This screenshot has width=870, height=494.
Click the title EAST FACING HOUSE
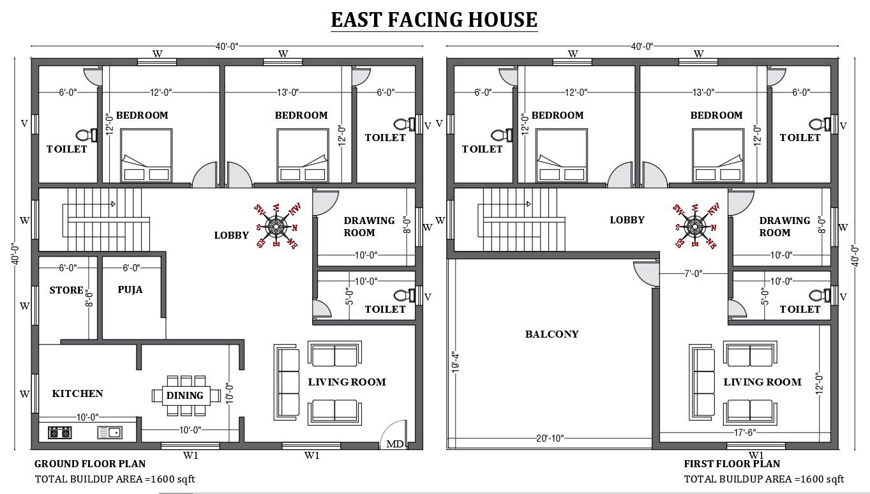click(x=434, y=19)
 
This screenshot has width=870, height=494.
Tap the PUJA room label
click(x=130, y=290)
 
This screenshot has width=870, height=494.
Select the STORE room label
click(x=66, y=290)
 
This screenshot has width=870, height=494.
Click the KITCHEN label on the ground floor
click(x=77, y=394)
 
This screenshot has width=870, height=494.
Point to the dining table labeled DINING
click(x=185, y=396)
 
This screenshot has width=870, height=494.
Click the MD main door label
click(x=394, y=444)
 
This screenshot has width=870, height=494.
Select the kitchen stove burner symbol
click(x=59, y=433)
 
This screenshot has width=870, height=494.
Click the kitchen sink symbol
click(x=109, y=433)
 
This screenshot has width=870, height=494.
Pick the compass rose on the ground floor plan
click(x=276, y=225)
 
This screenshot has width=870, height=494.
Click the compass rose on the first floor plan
click(x=693, y=225)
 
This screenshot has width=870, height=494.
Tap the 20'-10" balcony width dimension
click(x=550, y=438)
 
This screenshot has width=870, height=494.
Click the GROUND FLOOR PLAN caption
click(x=90, y=464)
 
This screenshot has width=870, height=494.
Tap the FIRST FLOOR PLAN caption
click(x=731, y=464)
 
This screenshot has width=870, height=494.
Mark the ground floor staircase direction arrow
click(x=112, y=204)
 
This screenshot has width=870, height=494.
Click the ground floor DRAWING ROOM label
click(x=369, y=227)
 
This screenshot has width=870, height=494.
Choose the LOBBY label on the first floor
click(x=627, y=220)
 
